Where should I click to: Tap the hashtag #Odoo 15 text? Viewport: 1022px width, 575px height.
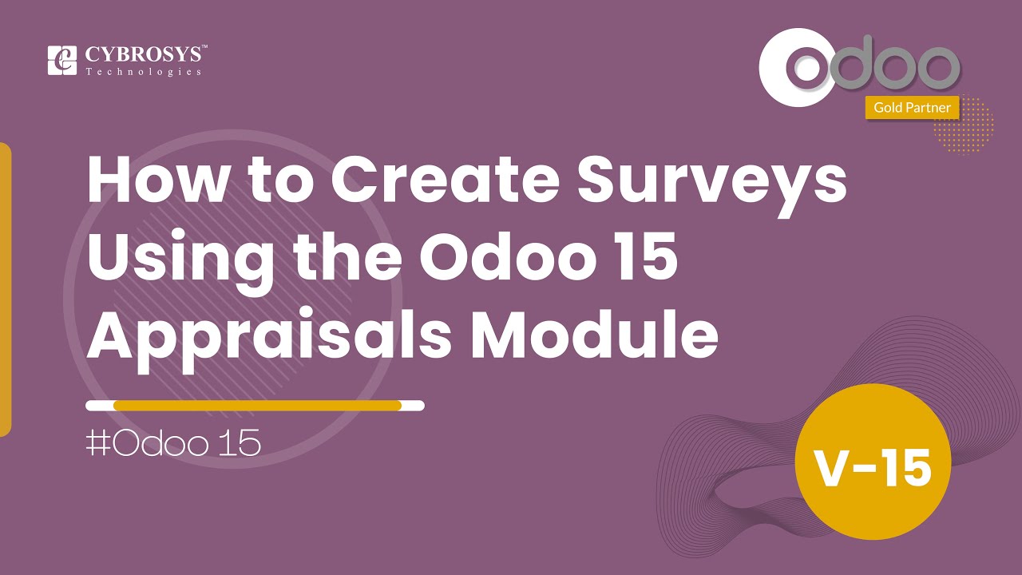[x=173, y=444]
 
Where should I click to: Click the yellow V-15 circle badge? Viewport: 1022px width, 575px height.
[x=873, y=468]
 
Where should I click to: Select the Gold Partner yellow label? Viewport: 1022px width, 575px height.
[x=912, y=107]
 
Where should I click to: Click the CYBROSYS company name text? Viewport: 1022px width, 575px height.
[x=146, y=55]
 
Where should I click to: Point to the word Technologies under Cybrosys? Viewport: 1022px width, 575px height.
[x=143, y=72]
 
